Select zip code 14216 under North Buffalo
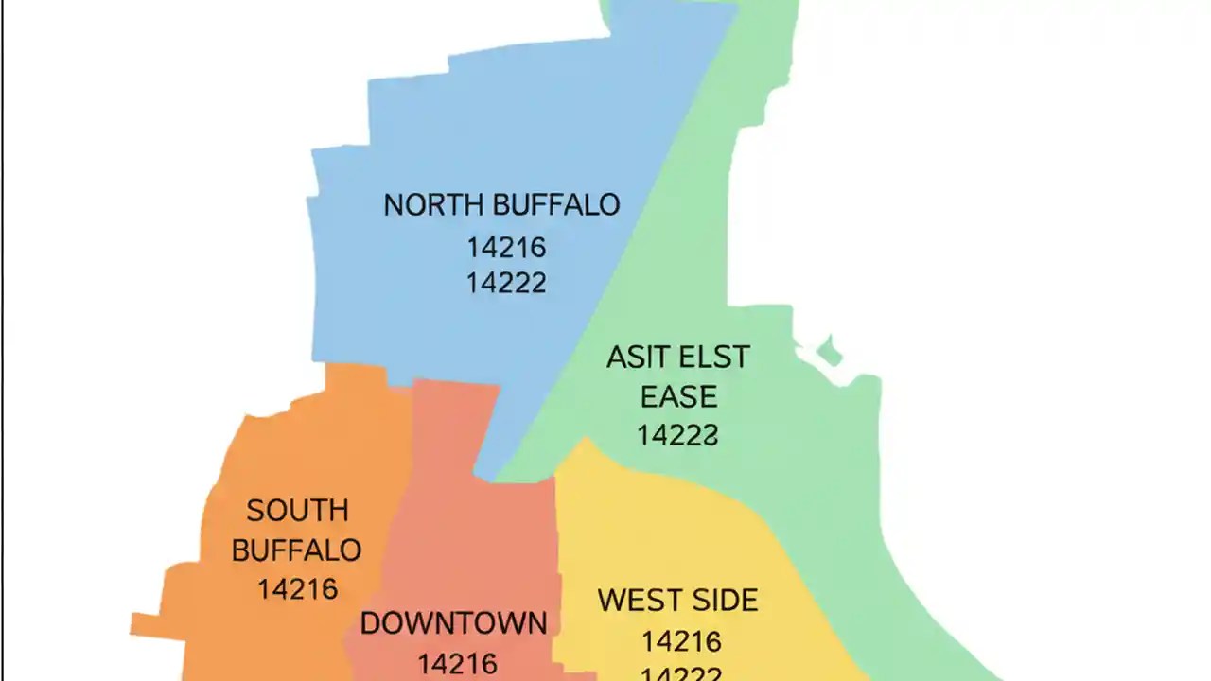(x=506, y=248)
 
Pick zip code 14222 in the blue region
(x=506, y=283)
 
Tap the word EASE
(x=678, y=396)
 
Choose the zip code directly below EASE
(x=677, y=435)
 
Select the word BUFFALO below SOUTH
(x=296, y=550)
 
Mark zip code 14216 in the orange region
(x=297, y=589)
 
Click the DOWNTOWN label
(x=453, y=623)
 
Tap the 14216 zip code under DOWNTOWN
(x=457, y=664)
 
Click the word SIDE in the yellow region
(x=724, y=601)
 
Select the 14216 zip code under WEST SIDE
(x=681, y=642)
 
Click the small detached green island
(x=829, y=352)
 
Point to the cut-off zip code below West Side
(x=681, y=674)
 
